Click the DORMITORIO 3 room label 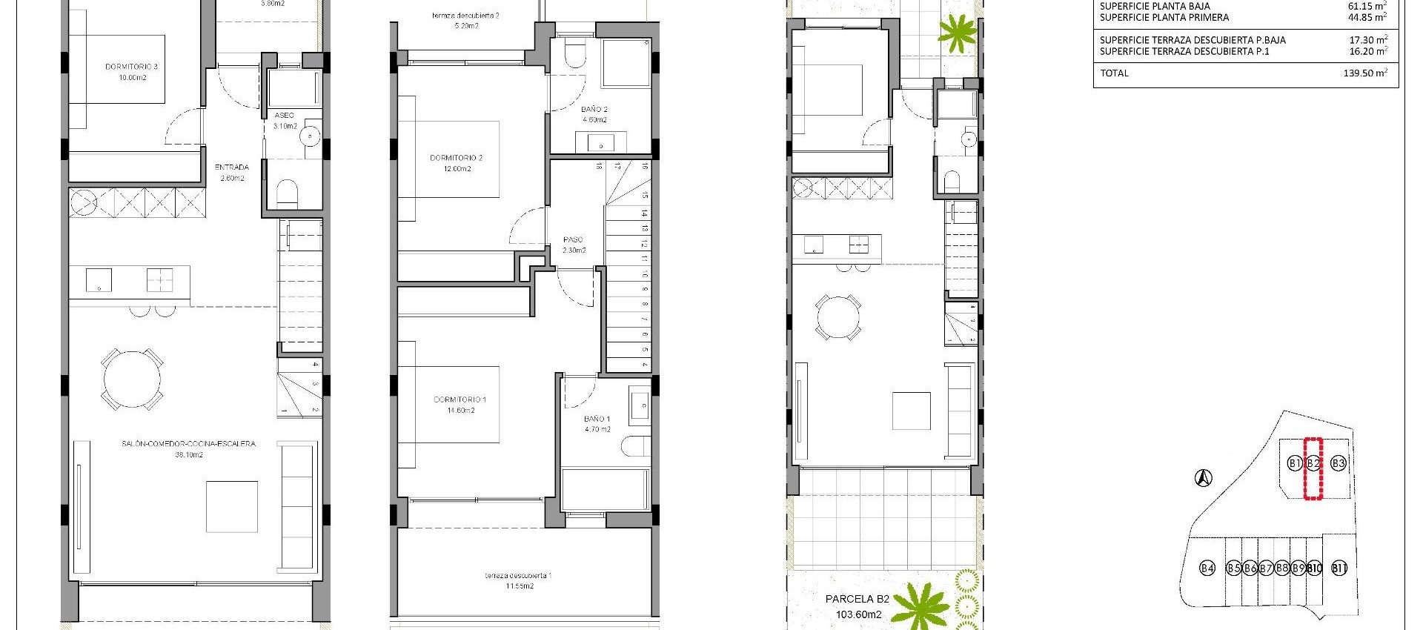131,67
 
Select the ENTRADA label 231,168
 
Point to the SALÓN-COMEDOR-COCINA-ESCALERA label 188,444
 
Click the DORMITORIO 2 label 456,158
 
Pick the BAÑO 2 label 594,110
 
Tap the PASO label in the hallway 573,240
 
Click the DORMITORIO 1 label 460,400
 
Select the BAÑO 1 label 597,420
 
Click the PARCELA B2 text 857,600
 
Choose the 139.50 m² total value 1365,73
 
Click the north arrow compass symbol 1204,479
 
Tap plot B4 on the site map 1207,568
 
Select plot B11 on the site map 1339,568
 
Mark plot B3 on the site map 1338,463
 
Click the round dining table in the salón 132,379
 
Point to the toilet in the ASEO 286,195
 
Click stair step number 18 598,168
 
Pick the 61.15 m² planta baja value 1367,6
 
